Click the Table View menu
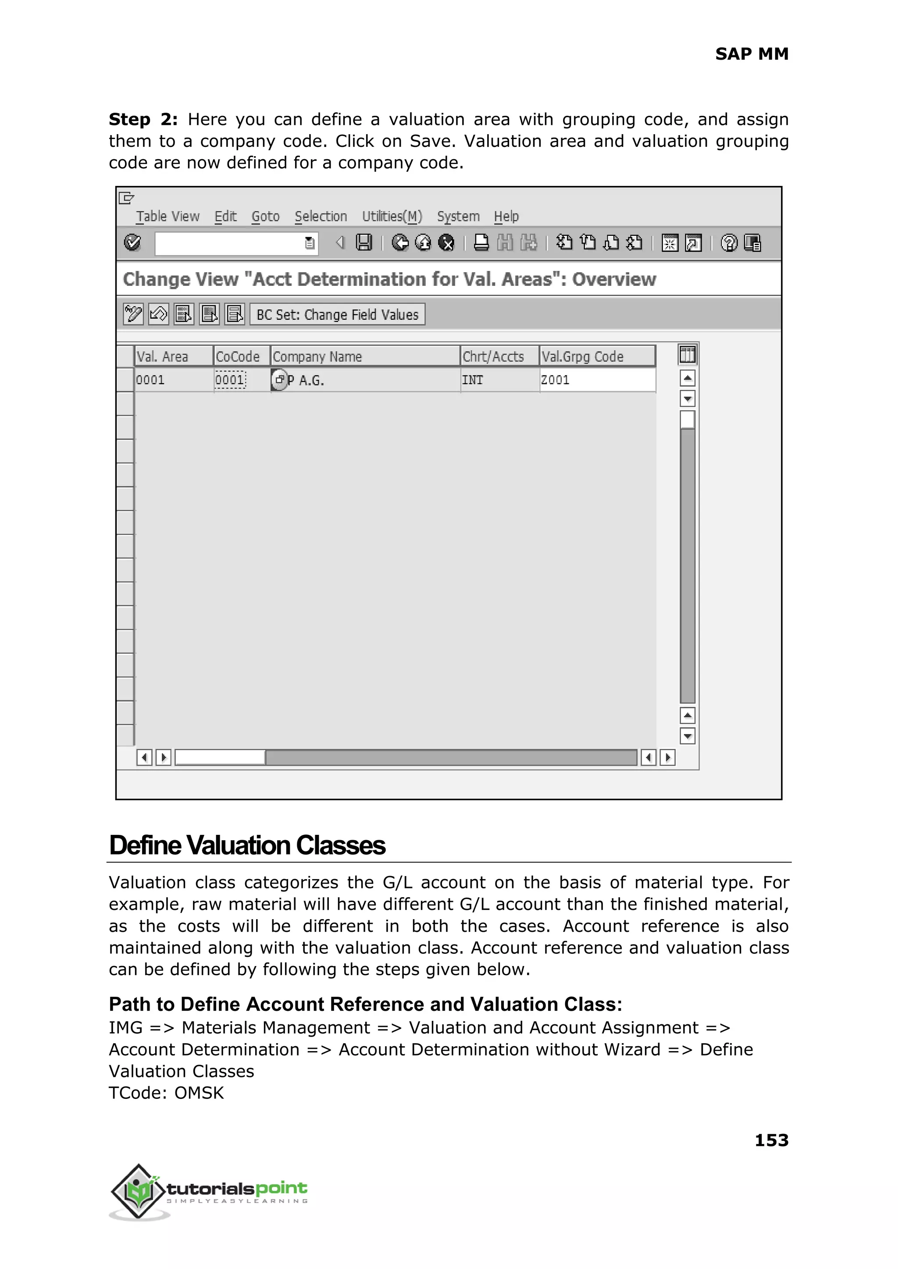[167, 216]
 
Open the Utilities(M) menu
[392, 216]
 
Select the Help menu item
[506, 216]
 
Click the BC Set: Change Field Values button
[337, 315]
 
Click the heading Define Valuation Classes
[247, 845]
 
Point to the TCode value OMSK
[199, 1093]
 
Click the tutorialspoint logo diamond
[138, 1191]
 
